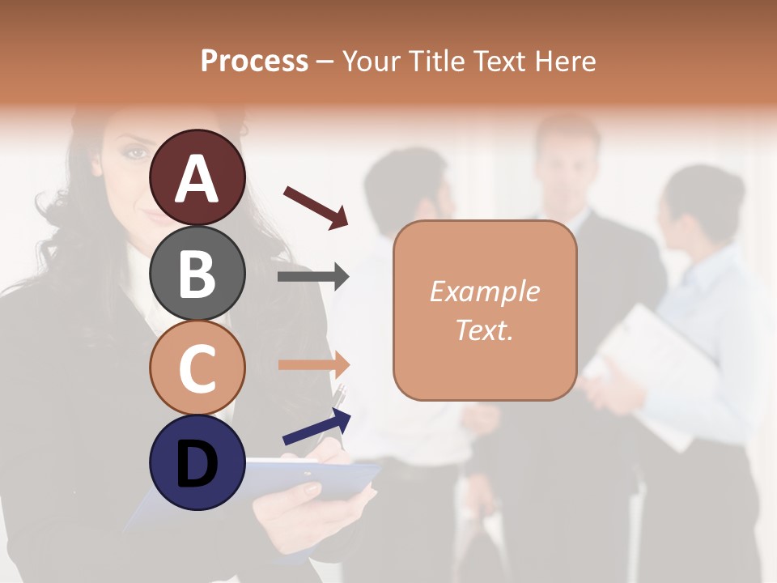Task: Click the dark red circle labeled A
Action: (197, 178)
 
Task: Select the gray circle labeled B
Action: (197, 273)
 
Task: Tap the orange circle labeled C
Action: (197, 368)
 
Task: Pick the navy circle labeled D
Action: (197, 462)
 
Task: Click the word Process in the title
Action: (254, 61)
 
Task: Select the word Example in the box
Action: (484, 291)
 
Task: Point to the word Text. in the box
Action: (484, 330)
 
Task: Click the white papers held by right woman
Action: (647, 364)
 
